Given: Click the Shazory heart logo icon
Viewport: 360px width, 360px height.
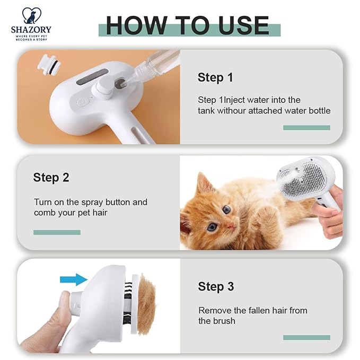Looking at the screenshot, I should (30, 15).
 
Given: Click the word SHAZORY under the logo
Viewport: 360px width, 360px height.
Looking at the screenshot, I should (31, 30).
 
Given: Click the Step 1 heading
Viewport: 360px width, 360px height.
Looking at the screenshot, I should (215, 77).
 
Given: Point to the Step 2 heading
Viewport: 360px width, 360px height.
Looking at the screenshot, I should (51, 177).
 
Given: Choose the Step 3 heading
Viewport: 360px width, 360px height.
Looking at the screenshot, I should (216, 286).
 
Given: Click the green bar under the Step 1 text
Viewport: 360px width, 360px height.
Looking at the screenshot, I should (306, 127).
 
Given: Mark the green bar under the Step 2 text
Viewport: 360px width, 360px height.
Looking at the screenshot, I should (57, 232).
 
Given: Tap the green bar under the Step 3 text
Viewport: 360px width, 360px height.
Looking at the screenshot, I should (306, 337).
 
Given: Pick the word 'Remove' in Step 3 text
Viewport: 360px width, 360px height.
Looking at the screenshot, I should (214, 310).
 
